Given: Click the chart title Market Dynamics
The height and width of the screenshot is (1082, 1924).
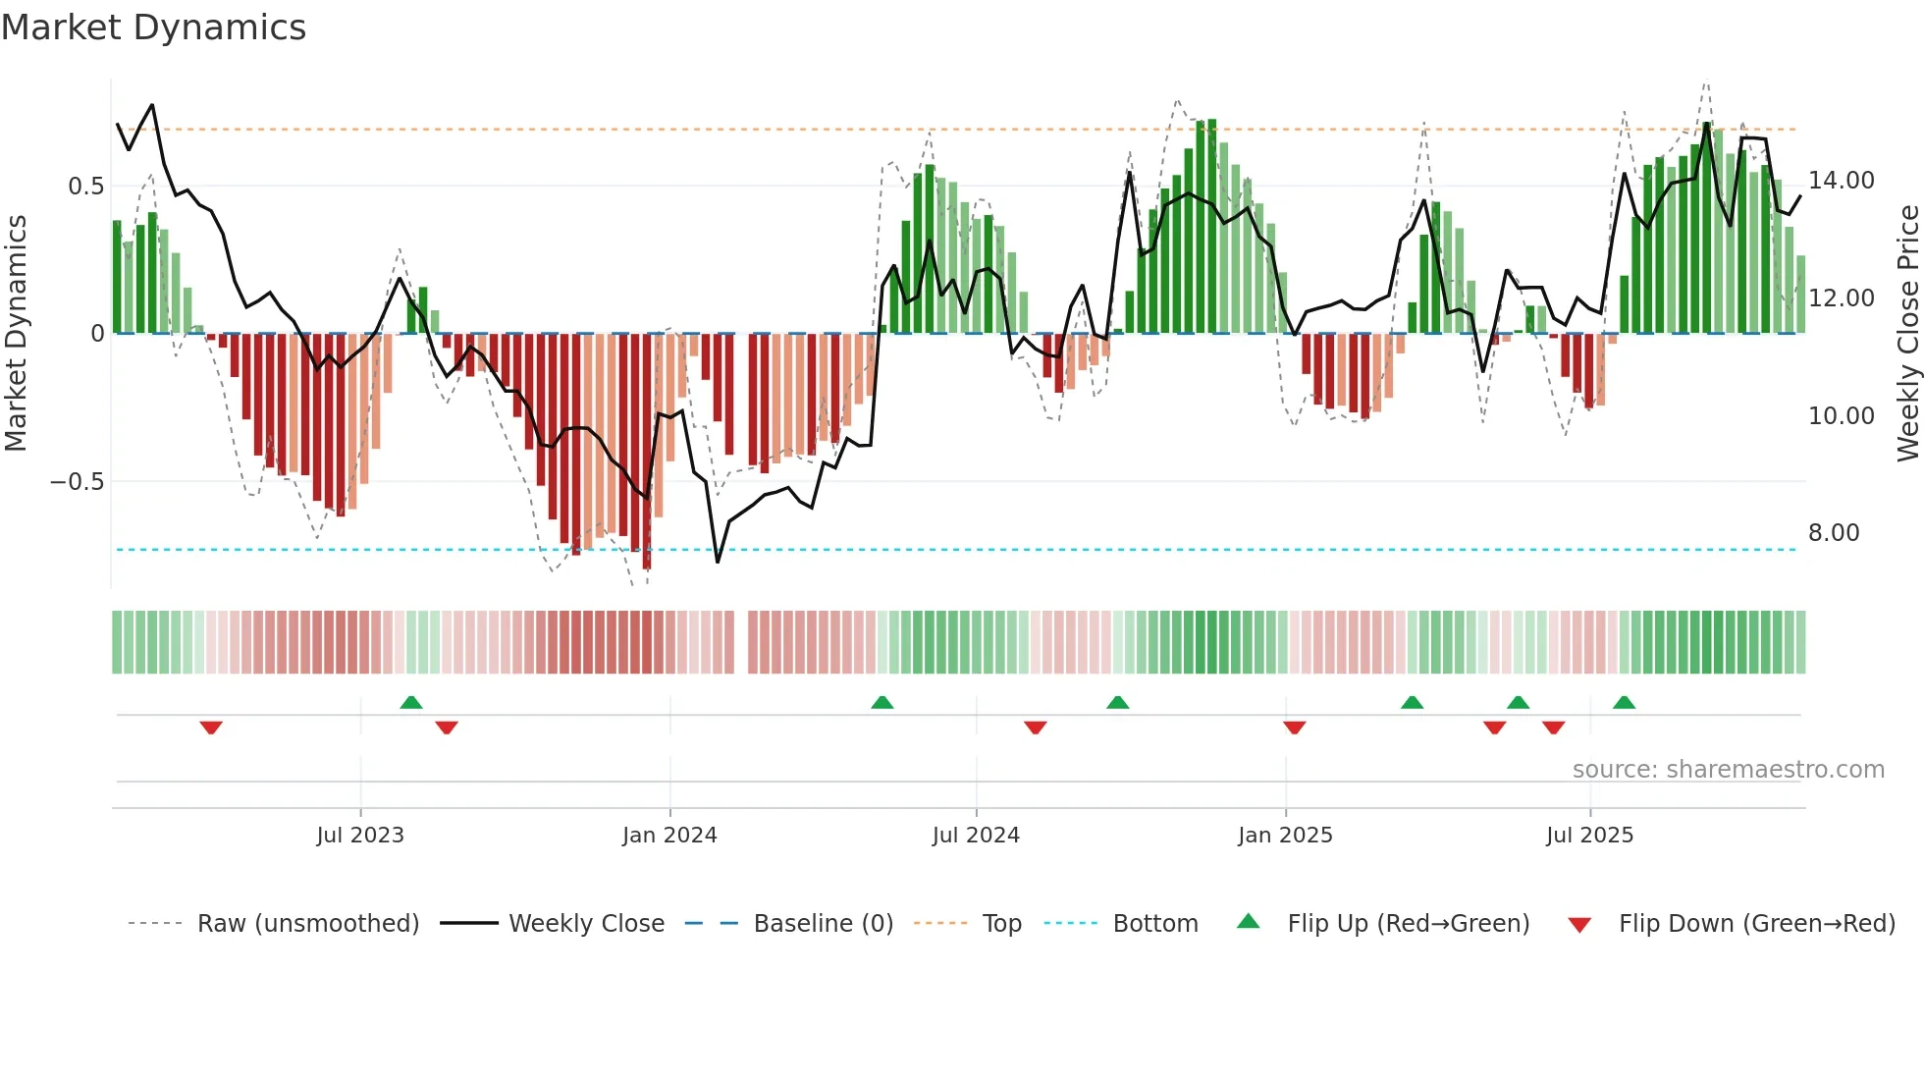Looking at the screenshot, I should (153, 27).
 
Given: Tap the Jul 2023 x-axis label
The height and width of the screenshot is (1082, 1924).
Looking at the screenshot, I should (360, 836).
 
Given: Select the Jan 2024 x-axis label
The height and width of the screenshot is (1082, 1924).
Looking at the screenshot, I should (669, 836).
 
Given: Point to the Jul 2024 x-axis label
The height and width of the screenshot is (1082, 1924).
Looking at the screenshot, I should (976, 836).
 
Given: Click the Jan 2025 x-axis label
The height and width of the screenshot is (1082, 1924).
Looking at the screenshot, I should (1285, 836).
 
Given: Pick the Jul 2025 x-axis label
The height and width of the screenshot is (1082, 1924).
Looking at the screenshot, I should (1589, 836).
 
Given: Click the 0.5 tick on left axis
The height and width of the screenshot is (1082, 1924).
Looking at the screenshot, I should (85, 187).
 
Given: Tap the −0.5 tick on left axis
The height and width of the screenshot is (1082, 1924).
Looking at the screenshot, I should (77, 482).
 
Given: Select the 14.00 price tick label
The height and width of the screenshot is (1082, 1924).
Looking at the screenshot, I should (1841, 181).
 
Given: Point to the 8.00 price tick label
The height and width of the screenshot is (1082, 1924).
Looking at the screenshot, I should (1834, 533).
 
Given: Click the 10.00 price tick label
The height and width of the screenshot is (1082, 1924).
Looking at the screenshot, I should (1841, 416).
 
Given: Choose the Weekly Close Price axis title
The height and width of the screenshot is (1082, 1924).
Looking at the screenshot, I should (1907, 334).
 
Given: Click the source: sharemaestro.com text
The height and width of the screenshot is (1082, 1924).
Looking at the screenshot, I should (1728, 770).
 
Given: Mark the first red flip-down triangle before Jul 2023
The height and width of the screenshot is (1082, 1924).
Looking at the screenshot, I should (211, 728).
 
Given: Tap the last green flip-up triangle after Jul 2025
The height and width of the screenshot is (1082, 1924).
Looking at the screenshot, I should (1624, 702).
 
